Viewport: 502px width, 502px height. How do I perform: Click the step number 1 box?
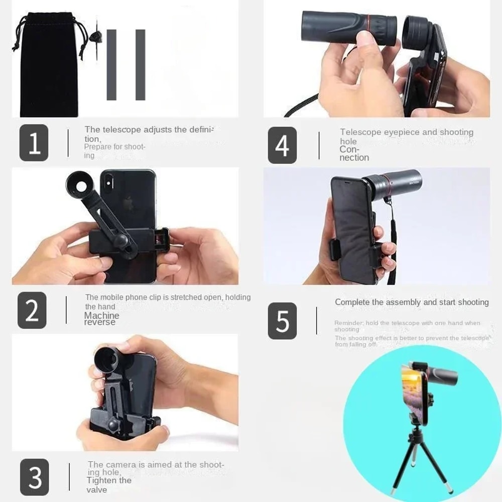pos(34,143)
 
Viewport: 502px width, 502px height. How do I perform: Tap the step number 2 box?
pos(32,310)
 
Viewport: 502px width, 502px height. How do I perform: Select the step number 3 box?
pos(34,477)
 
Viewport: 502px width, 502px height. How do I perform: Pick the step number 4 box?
pos(282,145)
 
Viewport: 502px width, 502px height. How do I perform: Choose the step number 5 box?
pos(282,321)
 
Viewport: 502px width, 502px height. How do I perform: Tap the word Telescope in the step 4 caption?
pos(360,133)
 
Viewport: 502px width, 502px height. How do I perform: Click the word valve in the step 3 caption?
pos(96,490)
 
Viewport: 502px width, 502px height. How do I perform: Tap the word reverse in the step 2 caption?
pos(99,322)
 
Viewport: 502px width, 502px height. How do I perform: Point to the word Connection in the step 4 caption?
pos(353,154)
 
